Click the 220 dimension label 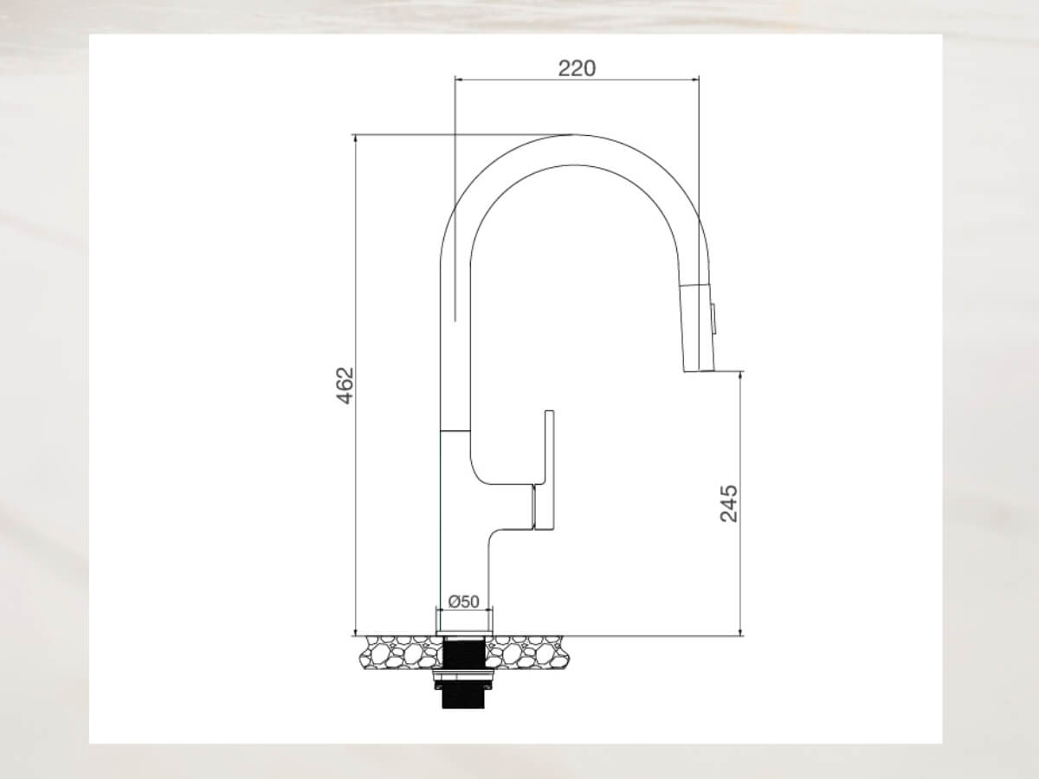pos(577,68)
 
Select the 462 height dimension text pos(345,385)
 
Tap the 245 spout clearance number pos(729,503)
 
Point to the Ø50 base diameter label pos(464,602)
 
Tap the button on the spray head pos(713,315)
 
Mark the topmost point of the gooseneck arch pos(571,136)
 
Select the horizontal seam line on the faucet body pos(455,430)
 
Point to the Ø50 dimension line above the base pos(464,611)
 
